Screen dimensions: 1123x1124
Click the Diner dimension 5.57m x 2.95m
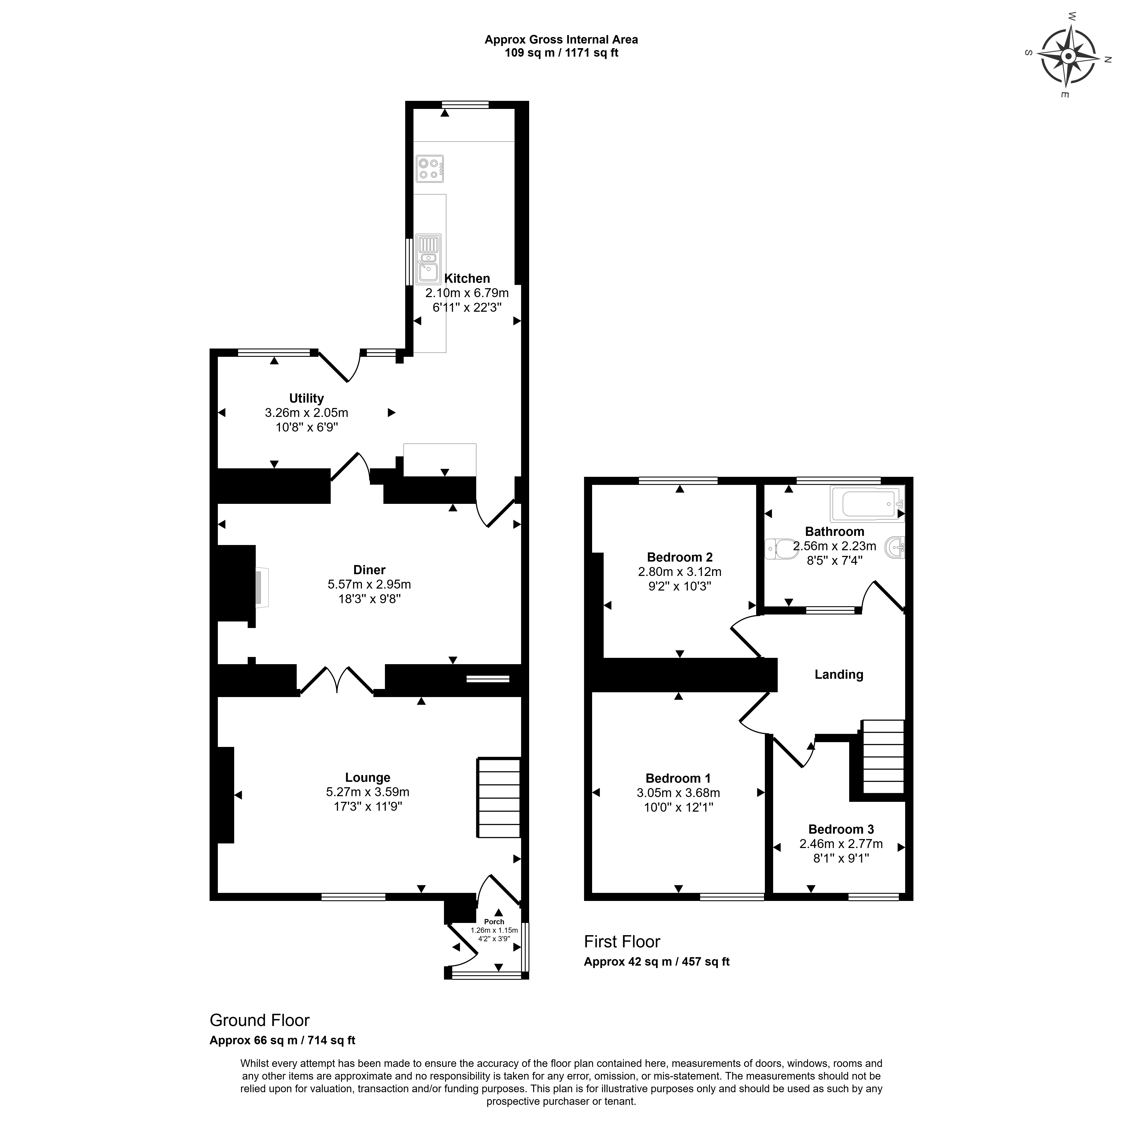[x=369, y=584]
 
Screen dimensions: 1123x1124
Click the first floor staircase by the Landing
[x=883, y=756]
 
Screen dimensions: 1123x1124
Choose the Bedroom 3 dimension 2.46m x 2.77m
[x=841, y=844]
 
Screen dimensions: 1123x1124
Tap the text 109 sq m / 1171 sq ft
[x=562, y=53]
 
